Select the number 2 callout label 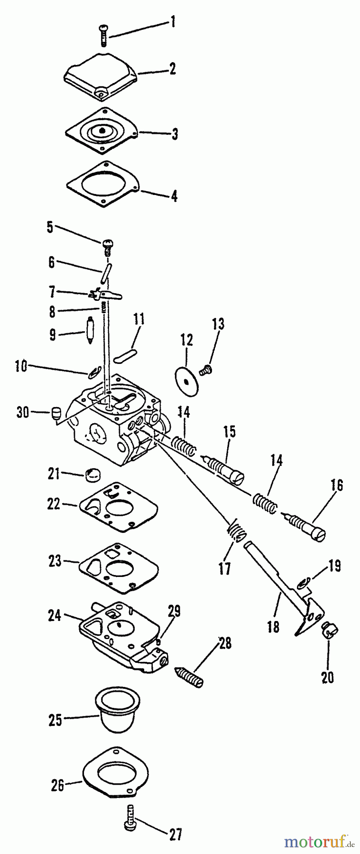coord(172,69)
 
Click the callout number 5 coord(50,227)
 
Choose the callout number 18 coord(273,626)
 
